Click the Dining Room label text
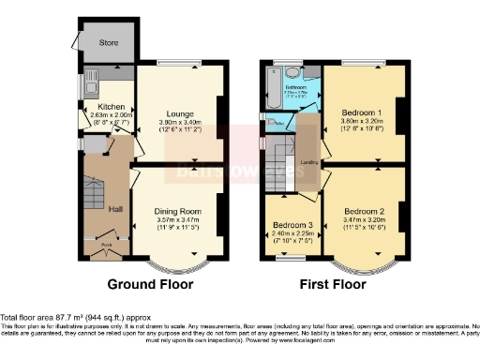click(178, 211)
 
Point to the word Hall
click(113, 208)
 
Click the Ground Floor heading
click(150, 283)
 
